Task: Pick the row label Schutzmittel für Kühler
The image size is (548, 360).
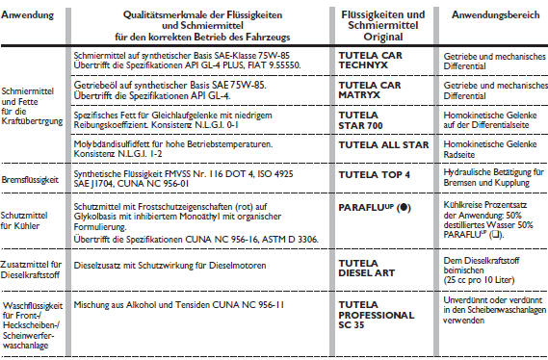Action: point(32,217)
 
